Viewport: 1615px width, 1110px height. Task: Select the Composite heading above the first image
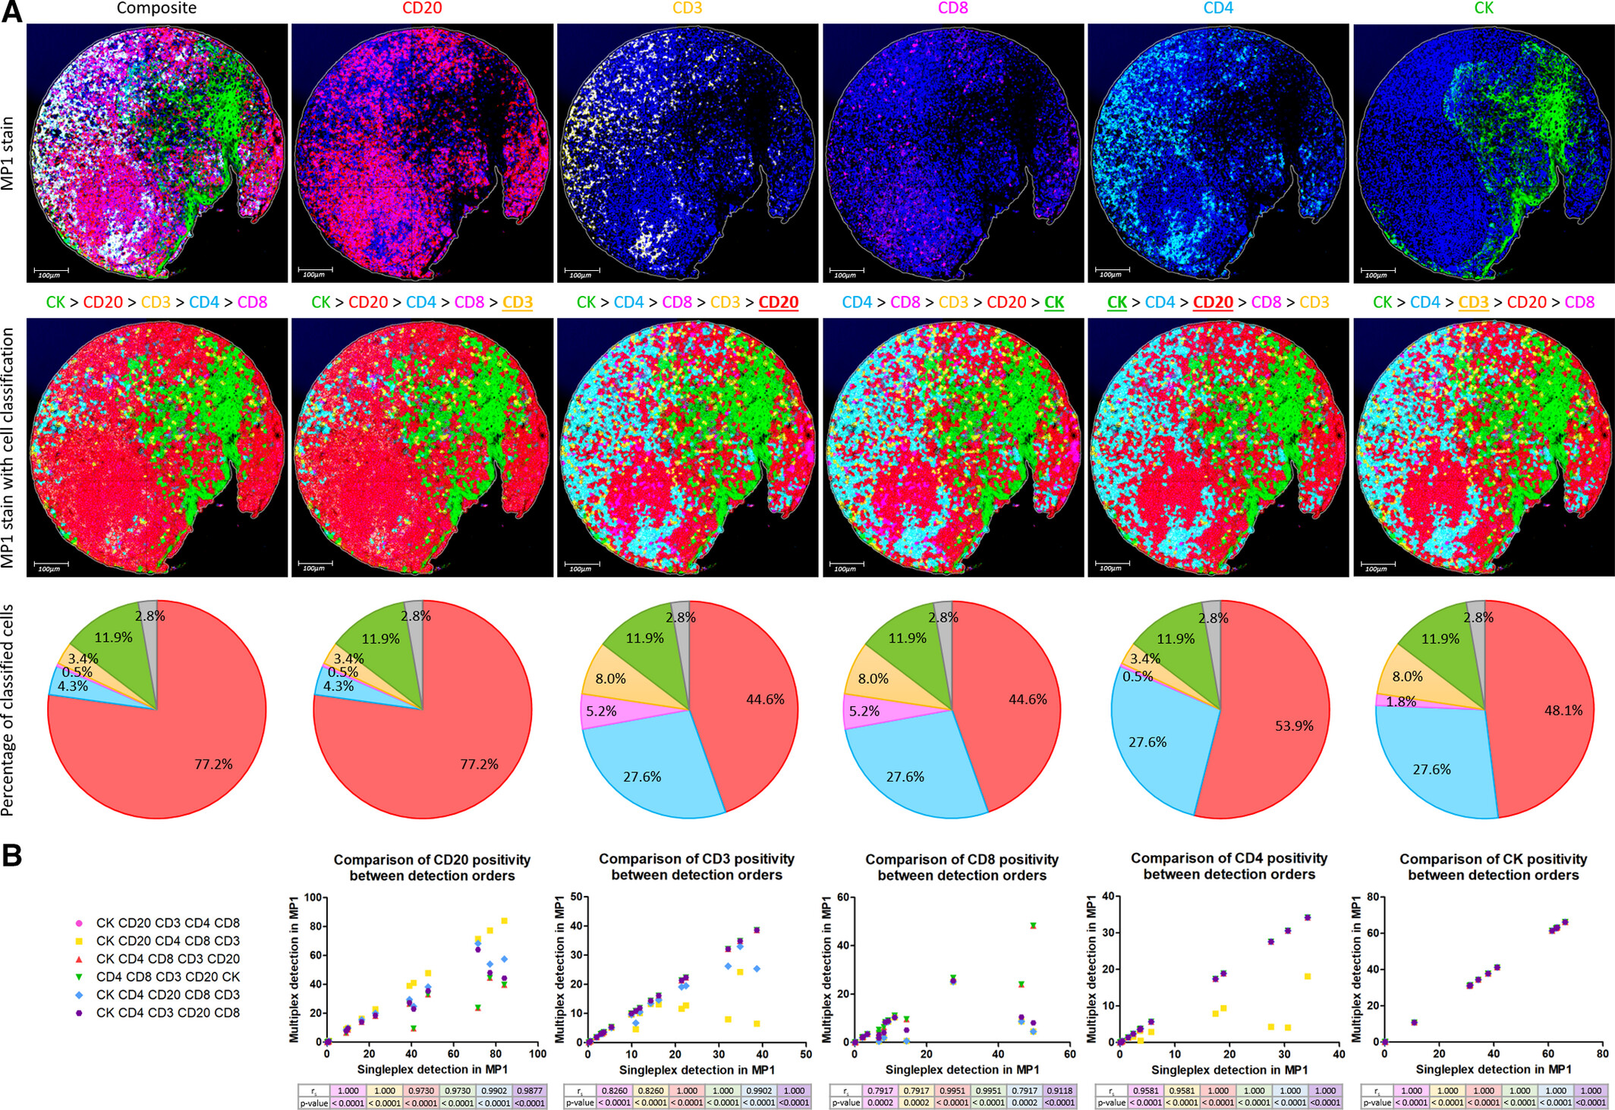pos(156,8)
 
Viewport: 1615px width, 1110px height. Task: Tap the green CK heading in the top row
pos(1484,8)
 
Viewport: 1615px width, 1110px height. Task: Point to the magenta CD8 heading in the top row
pos(952,8)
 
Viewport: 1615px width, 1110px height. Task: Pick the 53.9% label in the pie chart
pos(1294,726)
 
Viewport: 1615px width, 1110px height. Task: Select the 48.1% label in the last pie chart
pos(1563,711)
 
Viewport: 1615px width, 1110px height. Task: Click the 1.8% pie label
pos(1401,702)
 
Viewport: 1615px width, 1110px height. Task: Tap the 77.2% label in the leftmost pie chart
pos(213,764)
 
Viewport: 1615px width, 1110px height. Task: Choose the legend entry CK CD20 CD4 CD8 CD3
pos(167,941)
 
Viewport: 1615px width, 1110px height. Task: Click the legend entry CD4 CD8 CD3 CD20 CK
pos(167,976)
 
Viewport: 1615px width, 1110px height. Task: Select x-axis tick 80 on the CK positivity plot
pos(1602,1054)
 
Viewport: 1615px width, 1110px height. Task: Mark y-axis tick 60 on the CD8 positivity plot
pos(842,898)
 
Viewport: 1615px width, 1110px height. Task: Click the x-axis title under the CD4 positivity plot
pos(1229,1070)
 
